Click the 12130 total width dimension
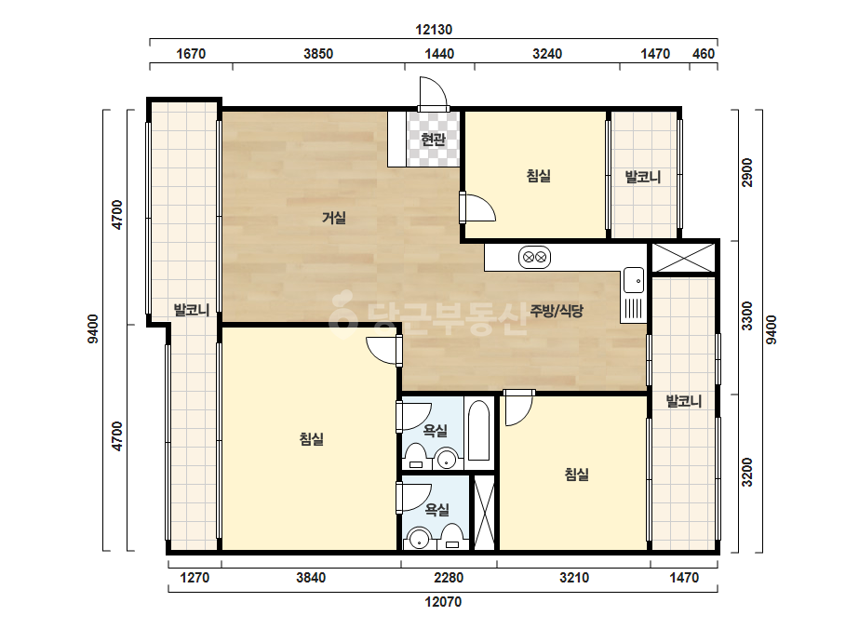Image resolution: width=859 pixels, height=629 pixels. click(434, 30)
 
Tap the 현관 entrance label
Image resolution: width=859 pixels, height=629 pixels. click(433, 140)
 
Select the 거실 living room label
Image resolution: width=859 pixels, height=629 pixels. click(333, 218)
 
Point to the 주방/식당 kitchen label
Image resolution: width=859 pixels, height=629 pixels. click(557, 311)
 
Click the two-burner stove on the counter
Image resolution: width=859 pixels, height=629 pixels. click(534, 257)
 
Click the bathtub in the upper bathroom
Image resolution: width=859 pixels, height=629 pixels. click(478, 431)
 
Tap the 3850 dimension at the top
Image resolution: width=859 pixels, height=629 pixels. click(318, 54)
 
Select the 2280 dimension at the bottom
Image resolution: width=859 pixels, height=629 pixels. click(449, 578)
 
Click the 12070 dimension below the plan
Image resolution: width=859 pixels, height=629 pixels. click(443, 602)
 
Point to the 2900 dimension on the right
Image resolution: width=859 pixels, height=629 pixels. click(747, 172)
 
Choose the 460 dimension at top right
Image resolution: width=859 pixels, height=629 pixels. click(704, 54)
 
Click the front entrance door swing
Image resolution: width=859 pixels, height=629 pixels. click(434, 94)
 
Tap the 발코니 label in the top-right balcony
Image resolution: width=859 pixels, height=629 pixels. click(643, 177)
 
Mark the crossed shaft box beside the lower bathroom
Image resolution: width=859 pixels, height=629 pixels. click(484, 513)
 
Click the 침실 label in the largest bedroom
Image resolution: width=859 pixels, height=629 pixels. click(311, 439)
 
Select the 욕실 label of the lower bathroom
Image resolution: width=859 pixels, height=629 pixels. click(436, 510)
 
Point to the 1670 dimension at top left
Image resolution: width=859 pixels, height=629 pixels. click(191, 54)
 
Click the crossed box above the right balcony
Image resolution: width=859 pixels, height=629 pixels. click(682, 258)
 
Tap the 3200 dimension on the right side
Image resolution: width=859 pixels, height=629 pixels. click(747, 473)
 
